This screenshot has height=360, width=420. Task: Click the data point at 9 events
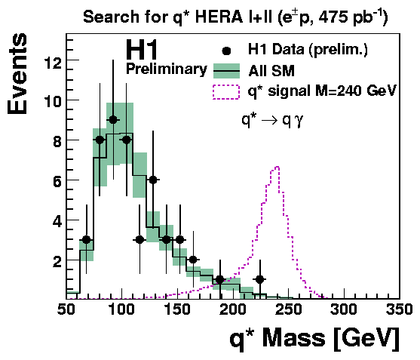[113, 120]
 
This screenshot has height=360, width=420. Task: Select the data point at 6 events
[153, 180]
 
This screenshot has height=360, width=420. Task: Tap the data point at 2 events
[193, 260]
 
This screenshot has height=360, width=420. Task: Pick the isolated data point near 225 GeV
[260, 279]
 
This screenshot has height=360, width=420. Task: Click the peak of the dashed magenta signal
[277, 167]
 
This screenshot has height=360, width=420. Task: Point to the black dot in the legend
[226, 51]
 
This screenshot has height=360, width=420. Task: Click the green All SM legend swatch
[226, 71]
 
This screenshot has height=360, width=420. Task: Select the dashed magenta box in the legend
[226, 92]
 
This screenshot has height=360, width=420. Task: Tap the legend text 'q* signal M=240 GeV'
[322, 91]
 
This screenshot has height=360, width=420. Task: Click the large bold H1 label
[142, 50]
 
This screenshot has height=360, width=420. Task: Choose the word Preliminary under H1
[167, 69]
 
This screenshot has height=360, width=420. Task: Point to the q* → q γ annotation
[272, 120]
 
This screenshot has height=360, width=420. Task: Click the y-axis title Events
[17, 74]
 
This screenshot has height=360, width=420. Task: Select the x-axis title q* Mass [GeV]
[314, 338]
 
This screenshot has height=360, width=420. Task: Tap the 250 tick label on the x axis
[289, 309]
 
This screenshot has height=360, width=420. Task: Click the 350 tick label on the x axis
[399, 309]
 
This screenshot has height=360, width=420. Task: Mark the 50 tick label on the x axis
[66, 309]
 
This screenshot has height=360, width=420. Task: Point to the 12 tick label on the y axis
[53, 63]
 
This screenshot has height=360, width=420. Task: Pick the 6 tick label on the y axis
[57, 183]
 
